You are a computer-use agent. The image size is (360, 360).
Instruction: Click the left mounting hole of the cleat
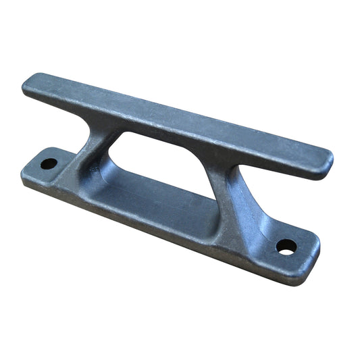(48, 163)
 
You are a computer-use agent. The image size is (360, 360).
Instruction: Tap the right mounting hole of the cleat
(286, 247)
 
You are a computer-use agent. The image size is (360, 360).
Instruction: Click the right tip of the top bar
(329, 161)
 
